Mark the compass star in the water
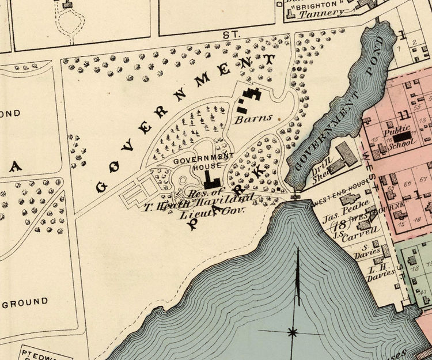[293, 332]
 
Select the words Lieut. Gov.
[219, 211]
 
